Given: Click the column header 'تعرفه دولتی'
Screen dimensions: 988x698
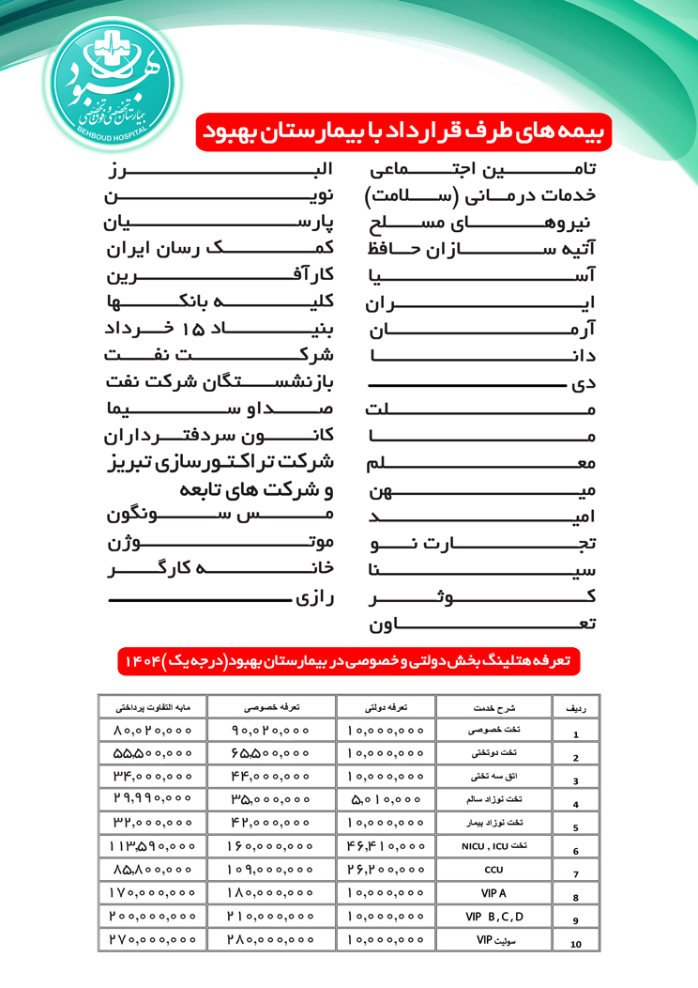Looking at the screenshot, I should click(x=385, y=708).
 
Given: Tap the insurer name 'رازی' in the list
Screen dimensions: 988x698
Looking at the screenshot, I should click(x=316, y=597).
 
